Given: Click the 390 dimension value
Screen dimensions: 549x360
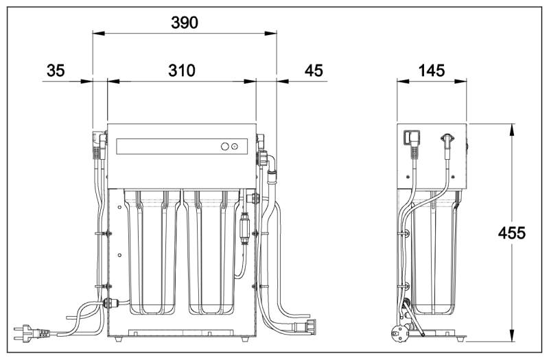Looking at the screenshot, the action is pos(185,23).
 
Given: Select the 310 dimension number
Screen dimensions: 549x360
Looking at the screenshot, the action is pos(182,71).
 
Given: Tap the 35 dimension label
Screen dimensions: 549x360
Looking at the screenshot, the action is pos(56,71).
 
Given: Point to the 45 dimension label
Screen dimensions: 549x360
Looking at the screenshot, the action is pos(314,71).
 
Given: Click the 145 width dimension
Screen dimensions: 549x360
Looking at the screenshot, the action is pos(432,71).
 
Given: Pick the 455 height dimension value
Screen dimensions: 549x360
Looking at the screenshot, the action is pos(511,233).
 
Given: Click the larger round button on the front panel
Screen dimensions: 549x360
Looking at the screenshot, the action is pos(225,146).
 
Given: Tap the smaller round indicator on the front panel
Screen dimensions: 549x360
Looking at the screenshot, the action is pos(235,147).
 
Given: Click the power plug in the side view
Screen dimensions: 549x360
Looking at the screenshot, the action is pos(399,333).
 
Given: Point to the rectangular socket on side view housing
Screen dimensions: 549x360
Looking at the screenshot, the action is pos(407,136).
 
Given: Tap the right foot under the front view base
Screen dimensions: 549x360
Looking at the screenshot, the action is pos(244,339).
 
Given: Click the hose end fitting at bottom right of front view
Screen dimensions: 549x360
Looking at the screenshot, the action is pos(310,327).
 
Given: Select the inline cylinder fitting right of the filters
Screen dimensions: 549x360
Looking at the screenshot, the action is pos(244,226).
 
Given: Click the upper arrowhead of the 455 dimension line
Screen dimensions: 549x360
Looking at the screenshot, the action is pos(512,130).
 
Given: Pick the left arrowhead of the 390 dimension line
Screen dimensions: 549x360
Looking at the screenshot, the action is pos(98,34).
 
